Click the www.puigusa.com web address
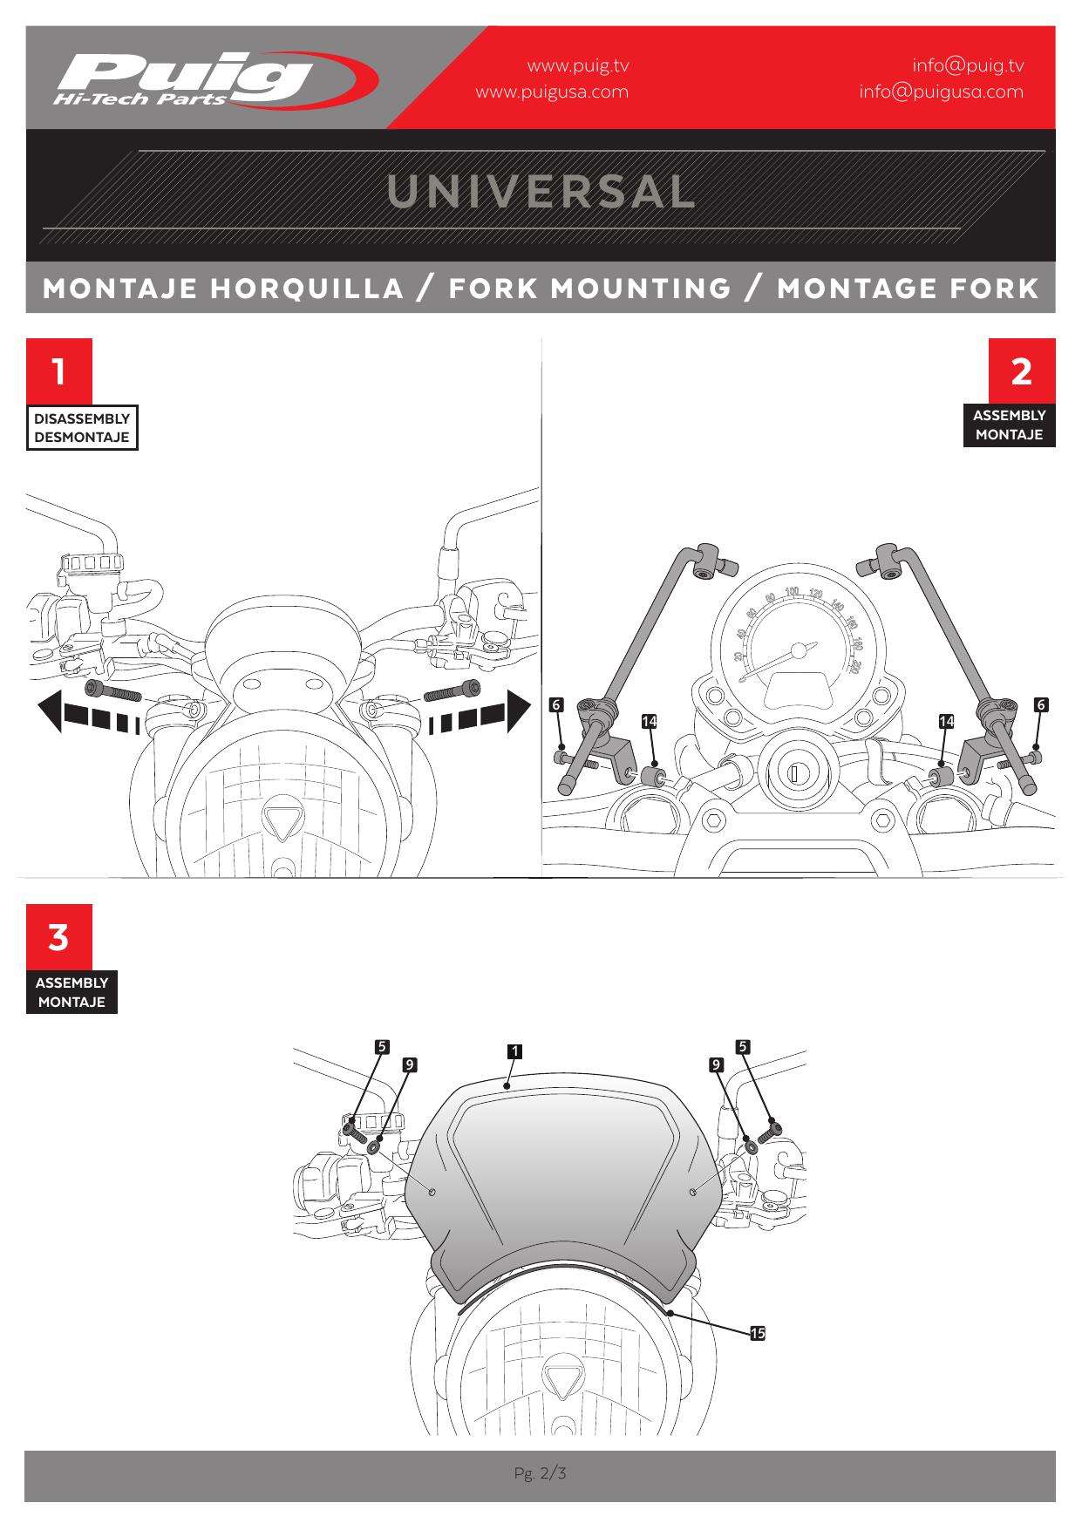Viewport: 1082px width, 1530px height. (552, 92)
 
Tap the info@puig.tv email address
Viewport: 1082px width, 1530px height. (968, 65)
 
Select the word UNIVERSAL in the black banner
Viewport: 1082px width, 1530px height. (541, 192)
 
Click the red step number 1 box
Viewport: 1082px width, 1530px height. (58, 371)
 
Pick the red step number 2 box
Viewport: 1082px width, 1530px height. (1022, 371)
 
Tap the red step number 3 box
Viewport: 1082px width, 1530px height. (58, 938)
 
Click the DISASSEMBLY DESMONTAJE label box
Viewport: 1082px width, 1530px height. (82, 428)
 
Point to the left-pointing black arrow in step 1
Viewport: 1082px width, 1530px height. (88, 711)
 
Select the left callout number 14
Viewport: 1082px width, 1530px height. (649, 721)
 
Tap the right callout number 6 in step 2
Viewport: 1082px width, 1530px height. (1041, 704)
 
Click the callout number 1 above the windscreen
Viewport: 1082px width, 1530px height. (515, 1051)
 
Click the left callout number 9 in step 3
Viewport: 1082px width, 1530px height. (410, 1064)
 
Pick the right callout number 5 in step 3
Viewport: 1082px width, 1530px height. (743, 1047)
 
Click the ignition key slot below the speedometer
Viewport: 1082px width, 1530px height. (794, 772)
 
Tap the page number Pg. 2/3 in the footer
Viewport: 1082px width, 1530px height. (541, 1474)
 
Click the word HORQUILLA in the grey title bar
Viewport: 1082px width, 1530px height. (310, 289)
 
